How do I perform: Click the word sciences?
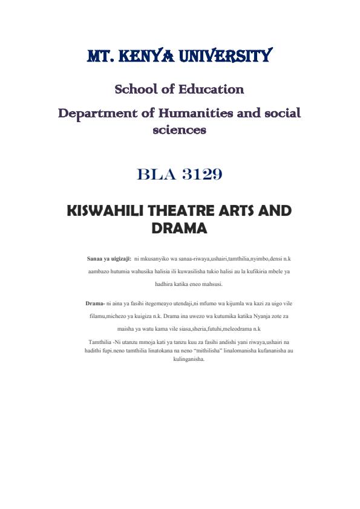click(180, 129)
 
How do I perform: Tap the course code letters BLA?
click(158, 175)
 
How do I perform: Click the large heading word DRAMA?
click(180, 229)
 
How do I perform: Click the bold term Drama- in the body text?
click(96, 303)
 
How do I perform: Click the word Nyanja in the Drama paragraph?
click(237, 316)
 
